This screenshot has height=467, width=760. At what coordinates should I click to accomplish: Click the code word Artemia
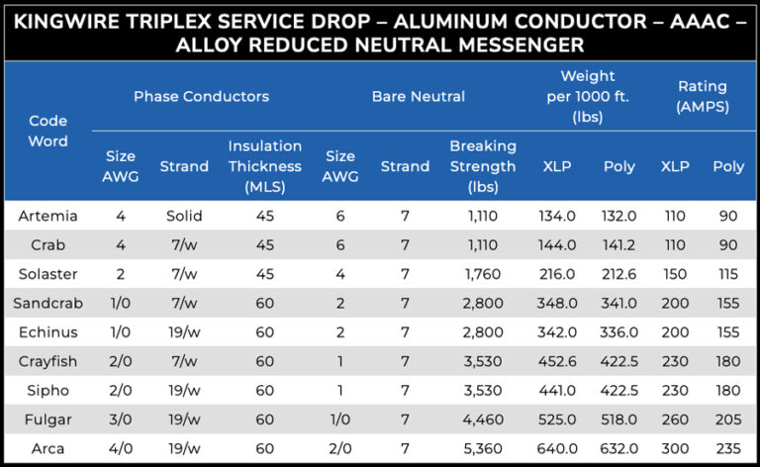point(47,215)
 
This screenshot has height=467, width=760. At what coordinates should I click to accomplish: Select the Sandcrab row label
point(47,303)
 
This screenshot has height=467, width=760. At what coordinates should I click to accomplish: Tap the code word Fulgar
point(47,420)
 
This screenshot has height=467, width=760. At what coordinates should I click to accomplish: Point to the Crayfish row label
point(47,361)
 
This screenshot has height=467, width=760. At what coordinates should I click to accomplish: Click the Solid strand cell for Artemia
point(184,215)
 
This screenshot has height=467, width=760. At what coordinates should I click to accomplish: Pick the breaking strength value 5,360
point(482,449)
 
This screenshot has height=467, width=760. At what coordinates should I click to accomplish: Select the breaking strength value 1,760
point(482,273)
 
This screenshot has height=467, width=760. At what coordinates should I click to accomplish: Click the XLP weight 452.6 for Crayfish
point(557,361)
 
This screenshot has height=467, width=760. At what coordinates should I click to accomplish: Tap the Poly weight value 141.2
point(619,244)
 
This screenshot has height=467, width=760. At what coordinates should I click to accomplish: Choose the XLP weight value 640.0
point(557,449)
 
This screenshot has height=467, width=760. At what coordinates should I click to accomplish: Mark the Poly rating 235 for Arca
point(728,449)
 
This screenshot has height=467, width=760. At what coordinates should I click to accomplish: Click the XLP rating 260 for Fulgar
point(675,420)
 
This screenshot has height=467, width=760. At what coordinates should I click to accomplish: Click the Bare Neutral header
point(418,96)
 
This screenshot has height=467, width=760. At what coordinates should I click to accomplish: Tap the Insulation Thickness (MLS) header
point(264,165)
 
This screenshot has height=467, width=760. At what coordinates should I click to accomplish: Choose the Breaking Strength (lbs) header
point(482,165)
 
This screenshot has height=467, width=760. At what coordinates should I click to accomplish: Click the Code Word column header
point(47,131)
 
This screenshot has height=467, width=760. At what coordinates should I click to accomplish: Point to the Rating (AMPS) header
point(702,96)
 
